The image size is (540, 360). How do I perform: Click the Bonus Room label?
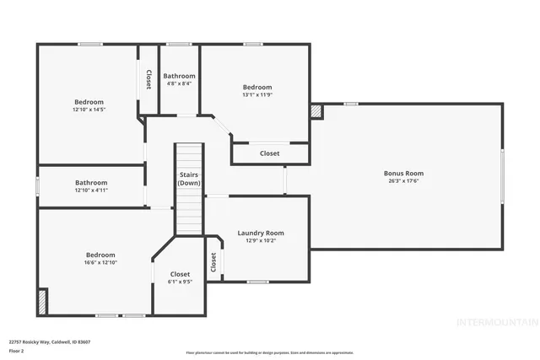point(403,174)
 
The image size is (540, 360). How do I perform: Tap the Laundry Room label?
point(260,233)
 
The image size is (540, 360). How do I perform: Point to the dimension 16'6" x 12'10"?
point(100,263)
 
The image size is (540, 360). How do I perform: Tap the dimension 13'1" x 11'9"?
point(257,95)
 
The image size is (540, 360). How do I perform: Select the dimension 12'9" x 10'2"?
point(260,241)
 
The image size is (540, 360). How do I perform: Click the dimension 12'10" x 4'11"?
point(91,191)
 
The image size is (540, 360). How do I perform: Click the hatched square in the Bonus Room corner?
point(316,110)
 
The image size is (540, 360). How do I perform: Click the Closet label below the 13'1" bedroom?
point(269,153)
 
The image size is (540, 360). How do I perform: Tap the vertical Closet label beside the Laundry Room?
point(214,262)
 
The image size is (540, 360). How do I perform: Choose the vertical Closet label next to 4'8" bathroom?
point(148,79)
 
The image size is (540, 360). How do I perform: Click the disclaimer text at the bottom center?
point(269,352)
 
